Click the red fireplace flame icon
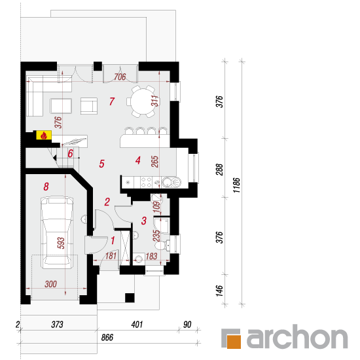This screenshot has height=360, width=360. pyautogui.click(x=44, y=135)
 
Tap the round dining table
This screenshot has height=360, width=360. pyautogui.click(x=143, y=101)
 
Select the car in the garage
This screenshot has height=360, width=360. pyautogui.click(x=57, y=232)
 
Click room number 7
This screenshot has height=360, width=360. pyautogui.click(x=112, y=101)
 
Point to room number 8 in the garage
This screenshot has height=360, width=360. pyautogui.click(x=46, y=187)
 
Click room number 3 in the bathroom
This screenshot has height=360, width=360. pyautogui.click(x=144, y=221)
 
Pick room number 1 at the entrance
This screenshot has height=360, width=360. pyautogui.click(x=113, y=241)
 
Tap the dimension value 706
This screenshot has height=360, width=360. pyautogui.click(x=120, y=77)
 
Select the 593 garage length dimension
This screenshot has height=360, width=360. pyautogui.click(x=61, y=243)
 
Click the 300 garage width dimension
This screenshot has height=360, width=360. pyautogui.click(x=51, y=284)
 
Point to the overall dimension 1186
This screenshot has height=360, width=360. pyautogui.click(x=236, y=185)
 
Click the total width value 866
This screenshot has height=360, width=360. pyautogui.click(x=107, y=338)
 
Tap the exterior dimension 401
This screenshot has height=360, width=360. pyautogui.click(x=137, y=325)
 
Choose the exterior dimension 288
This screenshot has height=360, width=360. pyautogui.click(x=219, y=170)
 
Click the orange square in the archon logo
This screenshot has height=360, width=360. pyautogui.click(x=234, y=342)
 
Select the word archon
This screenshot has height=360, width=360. pyautogui.click(x=297, y=337)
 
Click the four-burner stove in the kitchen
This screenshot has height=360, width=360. pyautogui.click(x=146, y=182)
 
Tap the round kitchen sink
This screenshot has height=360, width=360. pyautogui.click(x=168, y=183)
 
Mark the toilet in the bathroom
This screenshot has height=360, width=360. pyautogui.click(x=162, y=245)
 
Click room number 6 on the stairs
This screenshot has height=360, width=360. pyautogui.click(x=70, y=153)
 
